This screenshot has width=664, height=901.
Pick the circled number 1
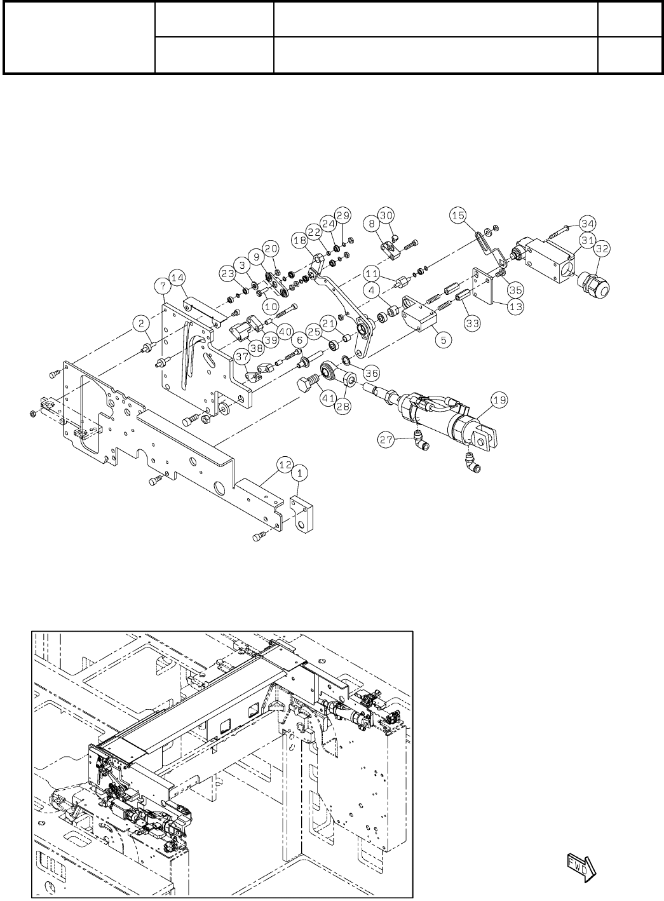click(x=301, y=473)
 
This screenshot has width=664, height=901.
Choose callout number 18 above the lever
click(x=299, y=240)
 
